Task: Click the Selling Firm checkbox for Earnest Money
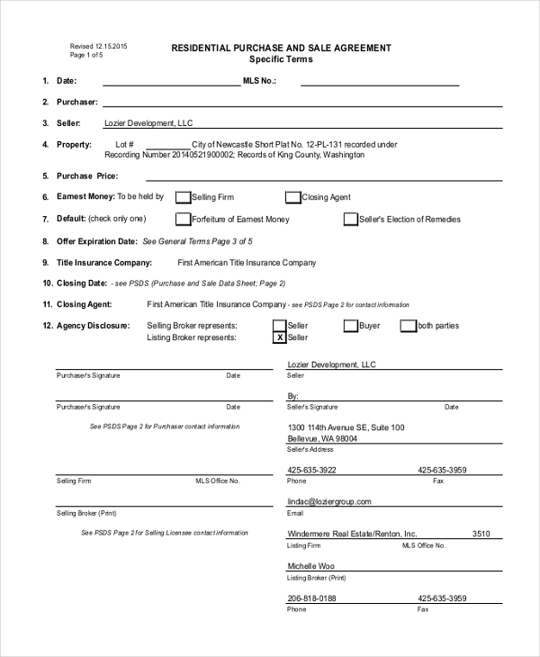[183, 197]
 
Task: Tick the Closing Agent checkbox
[292, 197]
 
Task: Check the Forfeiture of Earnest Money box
[183, 219]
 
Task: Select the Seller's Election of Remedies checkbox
[351, 219]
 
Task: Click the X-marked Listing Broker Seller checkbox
[279, 337]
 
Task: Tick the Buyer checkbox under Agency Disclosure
[350, 326]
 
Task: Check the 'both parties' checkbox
[409, 326]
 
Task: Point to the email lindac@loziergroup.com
[328, 501]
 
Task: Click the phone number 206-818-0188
[311, 598]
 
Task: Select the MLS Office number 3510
[481, 534]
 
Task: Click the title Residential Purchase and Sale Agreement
[281, 48]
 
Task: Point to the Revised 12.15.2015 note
[99, 46]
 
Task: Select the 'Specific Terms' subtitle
[281, 59]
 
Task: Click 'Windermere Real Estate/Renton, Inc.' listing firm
[352, 534]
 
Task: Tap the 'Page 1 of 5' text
[86, 55]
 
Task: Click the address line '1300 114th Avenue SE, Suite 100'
[346, 427]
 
